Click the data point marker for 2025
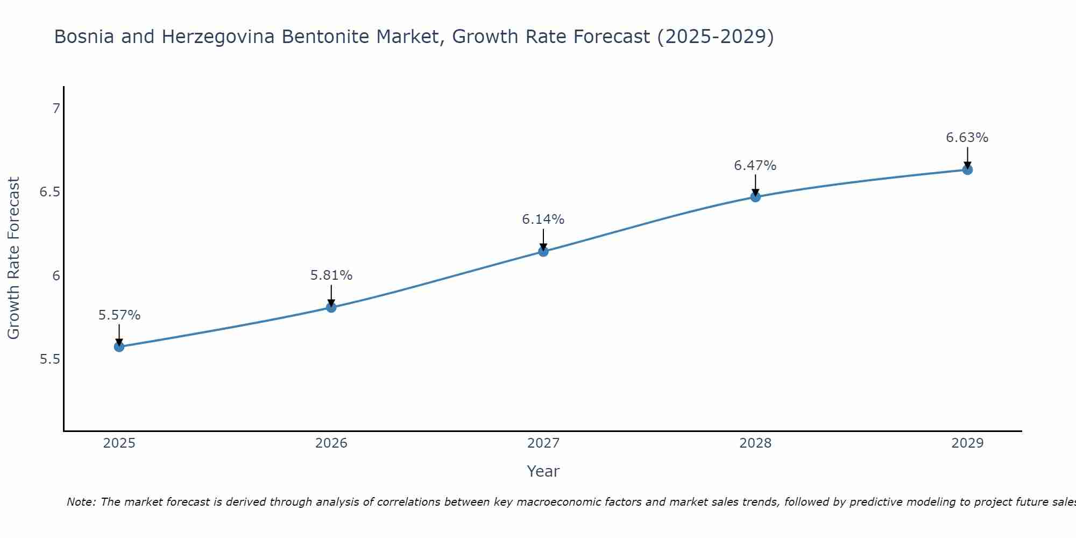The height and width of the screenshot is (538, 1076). coord(119,346)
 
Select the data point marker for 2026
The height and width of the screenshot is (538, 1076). coord(331,307)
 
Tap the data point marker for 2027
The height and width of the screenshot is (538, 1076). coord(543,251)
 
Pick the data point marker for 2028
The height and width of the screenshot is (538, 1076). coord(755,197)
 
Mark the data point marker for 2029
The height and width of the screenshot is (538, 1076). coord(967,170)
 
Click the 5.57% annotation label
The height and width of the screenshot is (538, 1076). coord(119,315)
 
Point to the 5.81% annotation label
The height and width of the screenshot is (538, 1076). coord(331,275)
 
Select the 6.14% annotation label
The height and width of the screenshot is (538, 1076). coord(543,220)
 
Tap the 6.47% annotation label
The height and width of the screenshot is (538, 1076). coord(755,166)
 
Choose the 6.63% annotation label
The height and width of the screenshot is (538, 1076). coord(967,138)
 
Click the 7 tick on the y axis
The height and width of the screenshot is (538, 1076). coord(56,109)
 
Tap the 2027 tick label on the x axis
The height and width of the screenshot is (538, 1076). coord(543,443)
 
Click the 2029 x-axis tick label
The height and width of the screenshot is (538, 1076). coord(967,443)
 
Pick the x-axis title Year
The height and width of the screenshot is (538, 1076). coord(543,471)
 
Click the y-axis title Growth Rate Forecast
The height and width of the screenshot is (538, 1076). coord(13,258)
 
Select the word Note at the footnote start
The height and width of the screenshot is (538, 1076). coord(81,502)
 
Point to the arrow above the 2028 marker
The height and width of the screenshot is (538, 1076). coord(755,185)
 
